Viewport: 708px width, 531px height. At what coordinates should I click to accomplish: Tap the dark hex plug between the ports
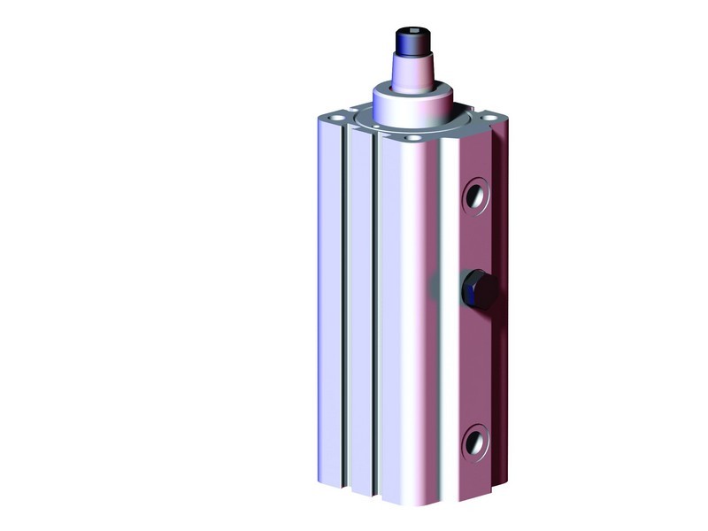coord(478,289)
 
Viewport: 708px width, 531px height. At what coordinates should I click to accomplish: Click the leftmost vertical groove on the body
coord(344,310)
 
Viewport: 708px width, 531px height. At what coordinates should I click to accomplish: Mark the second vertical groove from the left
coord(376,310)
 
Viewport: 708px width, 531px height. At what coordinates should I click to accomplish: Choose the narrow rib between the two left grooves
coord(360,310)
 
